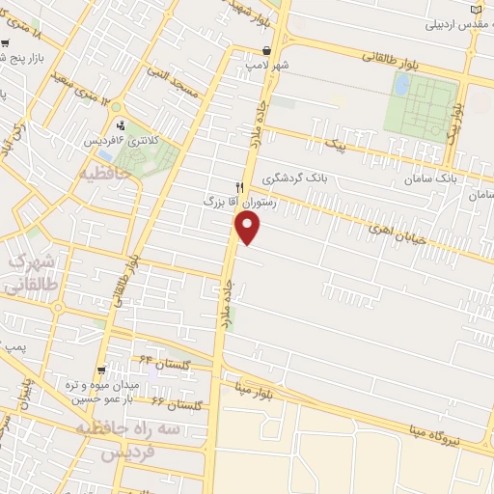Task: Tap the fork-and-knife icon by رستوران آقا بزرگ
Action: pos(240,187)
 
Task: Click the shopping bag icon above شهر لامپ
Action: pos(267,52)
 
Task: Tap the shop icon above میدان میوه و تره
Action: pos(100,370)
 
